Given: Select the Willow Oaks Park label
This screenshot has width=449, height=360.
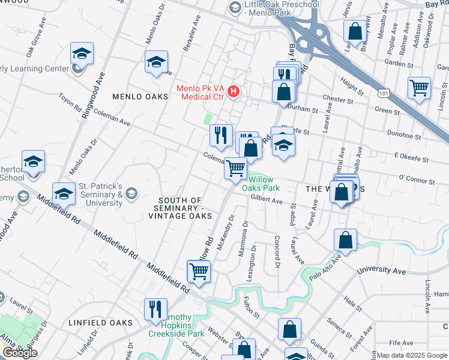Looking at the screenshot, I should [x=264, y=184].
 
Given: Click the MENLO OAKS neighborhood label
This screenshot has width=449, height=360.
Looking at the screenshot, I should [x=137, y=97].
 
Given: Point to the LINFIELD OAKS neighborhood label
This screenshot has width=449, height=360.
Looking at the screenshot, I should [x=100, y=323].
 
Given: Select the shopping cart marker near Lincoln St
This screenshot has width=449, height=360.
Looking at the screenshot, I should [x=419, y=88].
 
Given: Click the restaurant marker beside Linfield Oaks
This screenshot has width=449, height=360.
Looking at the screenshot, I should [x=155, y=309].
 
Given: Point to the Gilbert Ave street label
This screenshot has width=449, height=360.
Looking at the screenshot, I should [x=267, y=200].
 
